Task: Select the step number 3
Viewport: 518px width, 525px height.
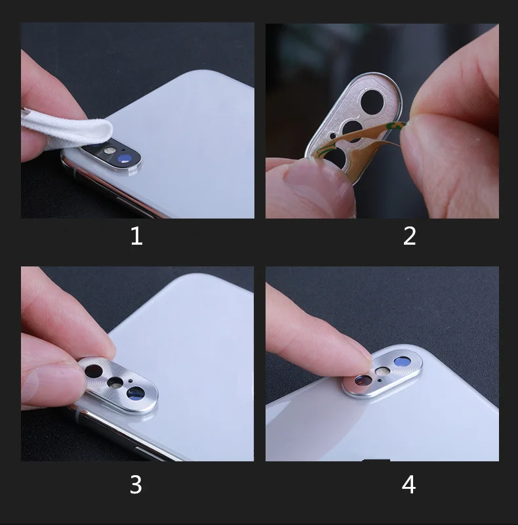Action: [136, 484]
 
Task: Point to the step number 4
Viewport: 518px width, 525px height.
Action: [408, 484]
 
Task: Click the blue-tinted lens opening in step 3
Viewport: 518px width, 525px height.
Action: [136, 392]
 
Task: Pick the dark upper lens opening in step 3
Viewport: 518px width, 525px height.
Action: [94, 371]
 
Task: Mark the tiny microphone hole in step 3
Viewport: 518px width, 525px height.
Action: [129, 379]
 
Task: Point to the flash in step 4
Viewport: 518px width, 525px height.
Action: [381, 371]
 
